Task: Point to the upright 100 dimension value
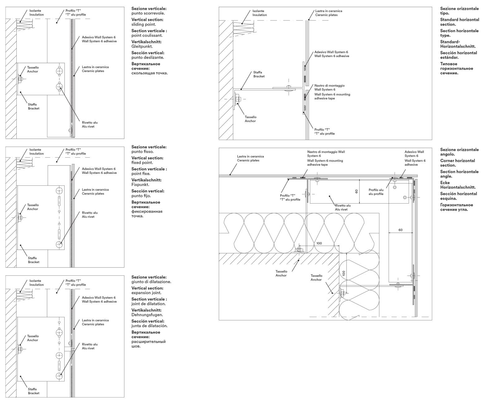(319, 243)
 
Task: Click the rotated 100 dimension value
(343, 273)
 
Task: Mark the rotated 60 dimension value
(356, 191)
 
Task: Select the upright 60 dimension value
(400, 230)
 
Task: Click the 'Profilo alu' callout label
(376, 192)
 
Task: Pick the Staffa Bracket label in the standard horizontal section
(259, 74)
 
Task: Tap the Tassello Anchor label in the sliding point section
(33, 69)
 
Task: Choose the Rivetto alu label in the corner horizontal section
(343, 207)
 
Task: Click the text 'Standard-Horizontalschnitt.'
(458, 44)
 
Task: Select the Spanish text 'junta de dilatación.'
(149, 326)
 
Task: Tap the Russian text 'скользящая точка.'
(149, 73)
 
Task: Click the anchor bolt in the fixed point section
(20, 218)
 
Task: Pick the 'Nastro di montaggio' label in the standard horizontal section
(329, 87)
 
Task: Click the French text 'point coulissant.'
(147, 35)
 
